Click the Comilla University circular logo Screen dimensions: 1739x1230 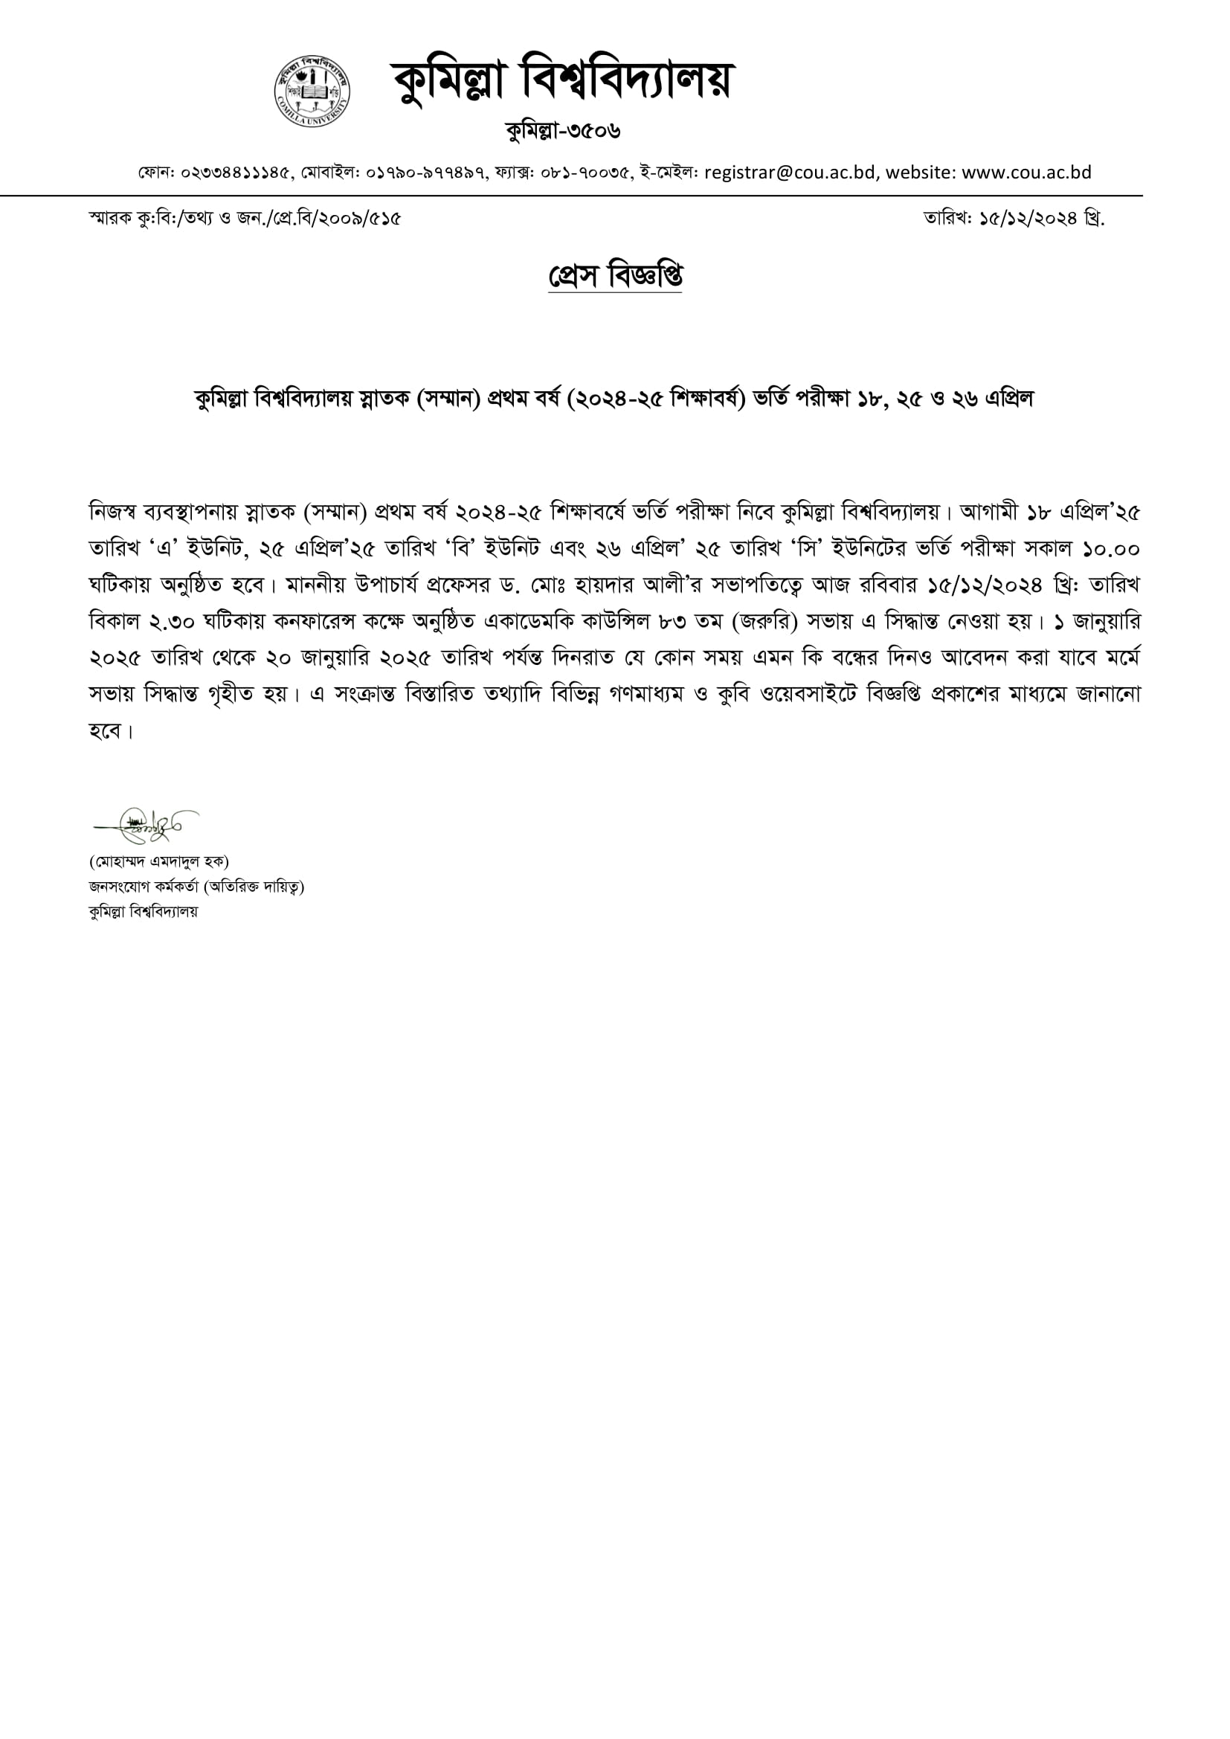click(312, 91)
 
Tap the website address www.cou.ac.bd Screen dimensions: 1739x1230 click(1026, 173)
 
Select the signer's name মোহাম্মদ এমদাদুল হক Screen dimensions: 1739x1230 click(159, 861)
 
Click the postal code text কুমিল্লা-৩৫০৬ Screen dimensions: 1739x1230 click(563, 131)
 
